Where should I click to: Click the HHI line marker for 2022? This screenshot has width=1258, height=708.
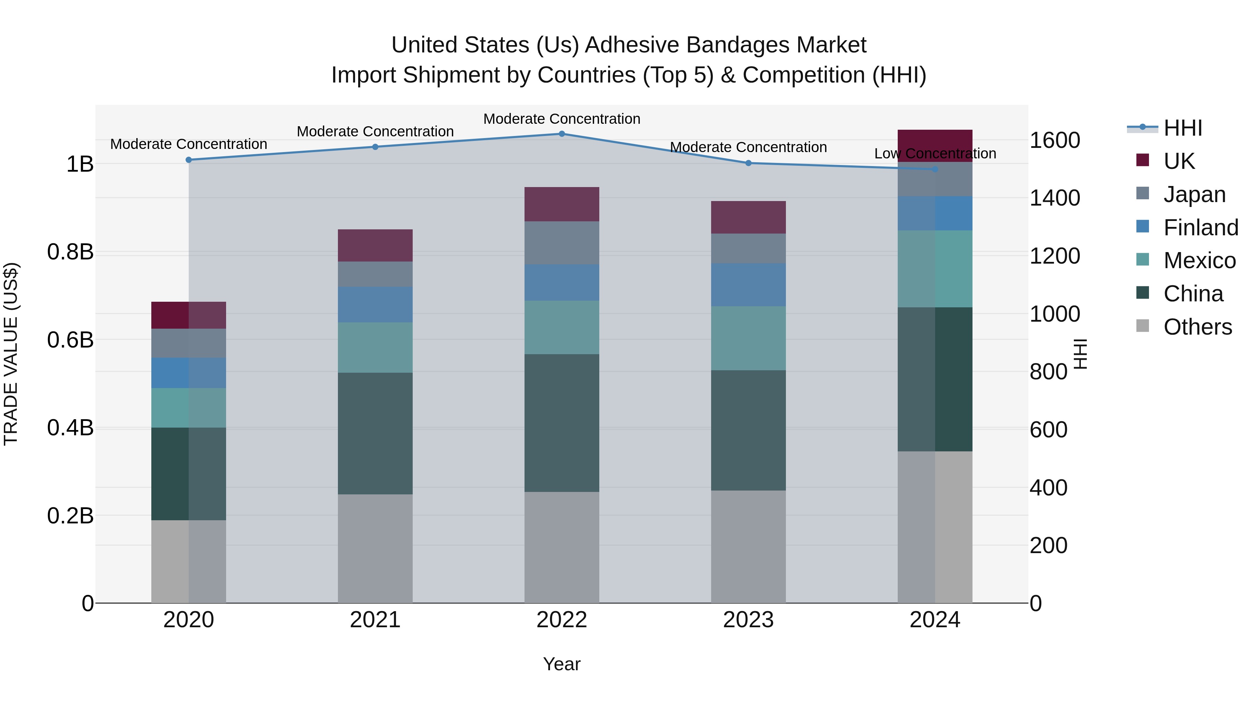tap(562, 134)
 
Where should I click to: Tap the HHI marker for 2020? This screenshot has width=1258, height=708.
tap(188, 160)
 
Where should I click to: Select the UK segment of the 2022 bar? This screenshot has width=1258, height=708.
tap(562, 204)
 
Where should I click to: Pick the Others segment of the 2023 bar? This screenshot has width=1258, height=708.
tap(748, 546)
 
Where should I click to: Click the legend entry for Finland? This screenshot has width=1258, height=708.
tap(1200, 227)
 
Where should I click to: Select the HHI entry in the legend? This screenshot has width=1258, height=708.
tap(1182, 128)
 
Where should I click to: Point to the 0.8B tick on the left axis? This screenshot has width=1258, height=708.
tap(70, 252)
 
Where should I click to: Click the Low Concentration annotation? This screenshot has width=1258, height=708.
tap(935, 153)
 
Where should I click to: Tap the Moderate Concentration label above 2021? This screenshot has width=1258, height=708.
tap(375, 131)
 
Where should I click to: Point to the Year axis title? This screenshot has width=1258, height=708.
tap(562, 664)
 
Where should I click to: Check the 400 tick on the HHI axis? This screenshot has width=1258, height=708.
tap(1048, 488)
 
